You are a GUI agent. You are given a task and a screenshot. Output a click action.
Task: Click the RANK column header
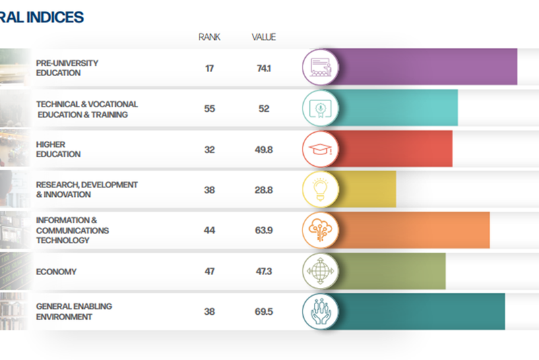click(x=209, y=37)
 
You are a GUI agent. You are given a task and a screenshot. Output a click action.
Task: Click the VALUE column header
click(x=263, y=37)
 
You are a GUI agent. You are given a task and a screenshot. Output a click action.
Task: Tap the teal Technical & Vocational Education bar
click(x=398, y=108)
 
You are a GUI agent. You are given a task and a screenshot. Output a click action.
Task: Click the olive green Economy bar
click(x=391, y=271)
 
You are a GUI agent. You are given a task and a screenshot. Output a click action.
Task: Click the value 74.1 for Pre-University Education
click(x=263, y=68)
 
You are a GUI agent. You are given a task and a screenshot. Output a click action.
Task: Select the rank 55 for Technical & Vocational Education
click(x=209, y=109)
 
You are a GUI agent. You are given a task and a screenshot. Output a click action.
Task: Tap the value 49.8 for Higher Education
click(x=263, y=150)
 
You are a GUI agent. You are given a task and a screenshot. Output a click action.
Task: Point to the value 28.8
click(x=263, y=190)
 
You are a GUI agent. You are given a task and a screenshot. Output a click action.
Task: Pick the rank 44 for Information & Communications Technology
click(x=209, y=231)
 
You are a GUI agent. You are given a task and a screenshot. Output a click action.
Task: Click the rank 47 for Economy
click(x=209, y=272)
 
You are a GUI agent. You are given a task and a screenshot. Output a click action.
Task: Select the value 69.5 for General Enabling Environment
click(x=263, y=312)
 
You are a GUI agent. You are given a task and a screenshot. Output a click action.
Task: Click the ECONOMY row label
click(x=56, y=272)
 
